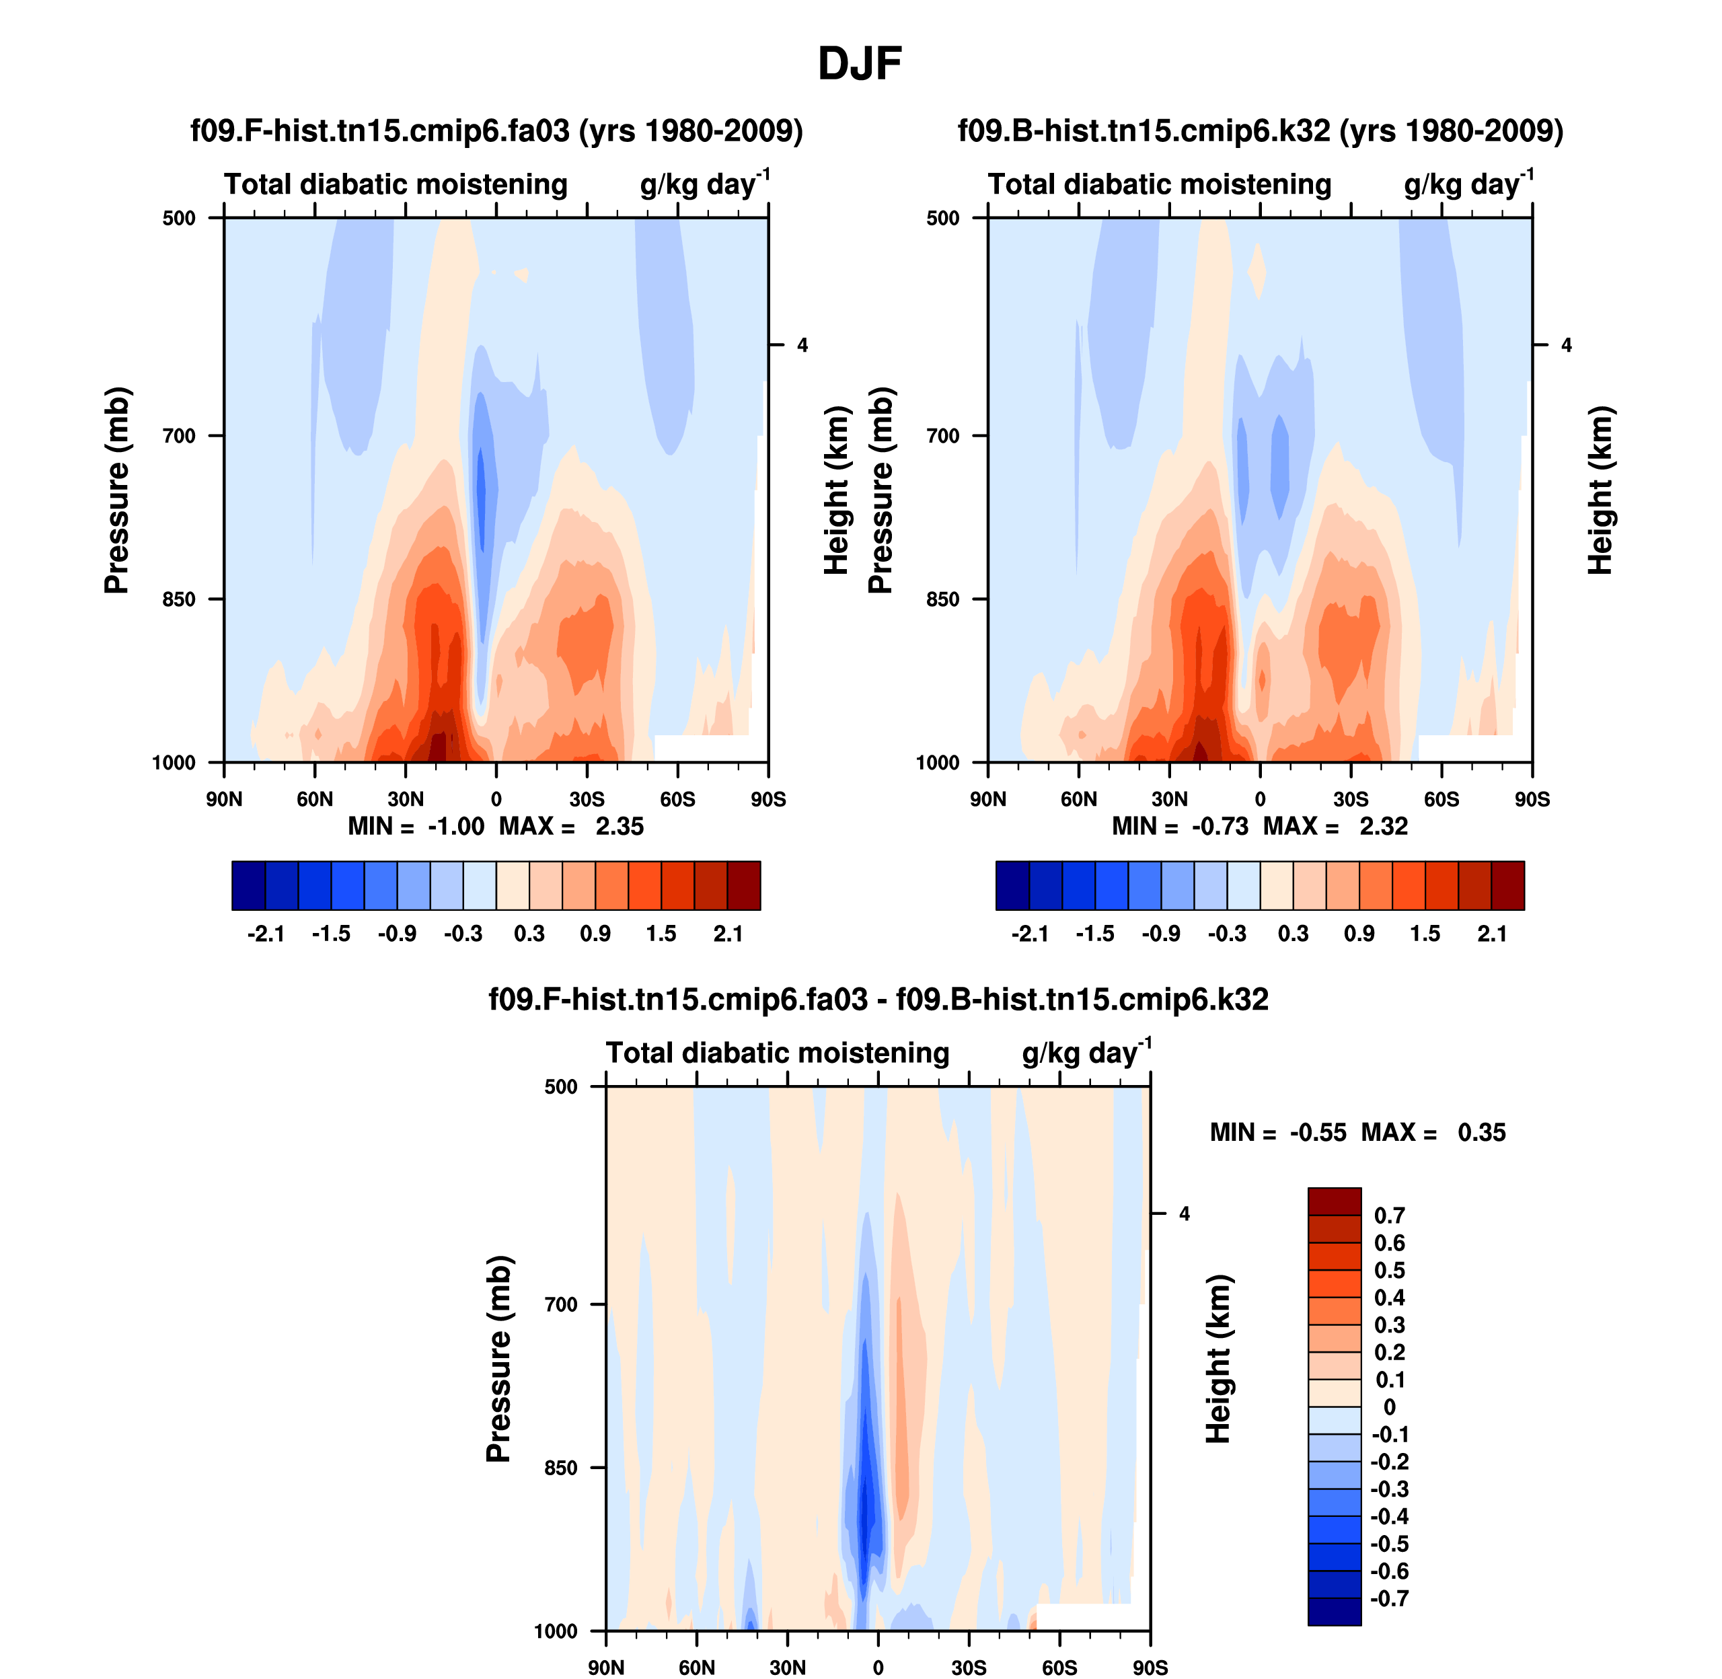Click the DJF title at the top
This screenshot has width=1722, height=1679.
pos(860,63)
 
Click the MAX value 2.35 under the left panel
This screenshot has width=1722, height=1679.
pos(619,826)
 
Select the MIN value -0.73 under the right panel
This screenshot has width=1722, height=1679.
pos(1220,826)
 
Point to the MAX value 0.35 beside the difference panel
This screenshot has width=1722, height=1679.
pos(1481,1132)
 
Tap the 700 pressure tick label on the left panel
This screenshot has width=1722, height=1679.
pos(179,436)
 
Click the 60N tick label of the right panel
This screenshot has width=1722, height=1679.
pos(1078,800)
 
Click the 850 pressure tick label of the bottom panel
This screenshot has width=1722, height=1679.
pos(562,1467)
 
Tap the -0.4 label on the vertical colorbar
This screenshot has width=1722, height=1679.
pos(1389,1516)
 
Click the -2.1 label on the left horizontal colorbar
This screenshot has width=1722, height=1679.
pos(266,934)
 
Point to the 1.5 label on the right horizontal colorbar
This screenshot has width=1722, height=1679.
pos(1425,934)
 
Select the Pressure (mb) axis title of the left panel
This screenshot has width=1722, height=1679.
pos(116,490)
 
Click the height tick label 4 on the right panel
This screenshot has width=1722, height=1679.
pos(1566,345)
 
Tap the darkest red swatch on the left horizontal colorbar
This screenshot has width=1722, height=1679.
pos(743,885)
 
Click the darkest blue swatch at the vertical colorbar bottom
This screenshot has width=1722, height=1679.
pos(1334,1611)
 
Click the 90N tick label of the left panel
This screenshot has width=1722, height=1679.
pos(224,800)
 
